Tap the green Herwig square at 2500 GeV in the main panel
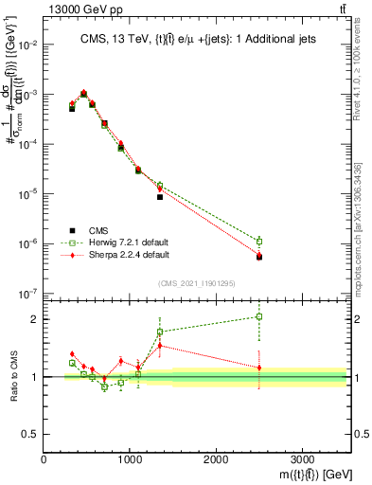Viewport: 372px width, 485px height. tap(259, 241)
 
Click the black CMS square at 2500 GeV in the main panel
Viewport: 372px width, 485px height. tap(259, 257)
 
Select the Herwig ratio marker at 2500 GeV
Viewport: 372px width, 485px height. tap(259, 316)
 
